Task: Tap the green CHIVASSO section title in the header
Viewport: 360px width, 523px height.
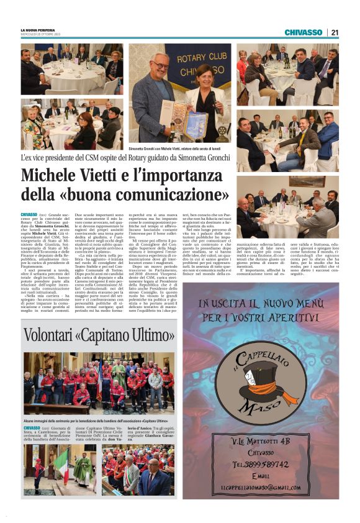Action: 303,32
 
